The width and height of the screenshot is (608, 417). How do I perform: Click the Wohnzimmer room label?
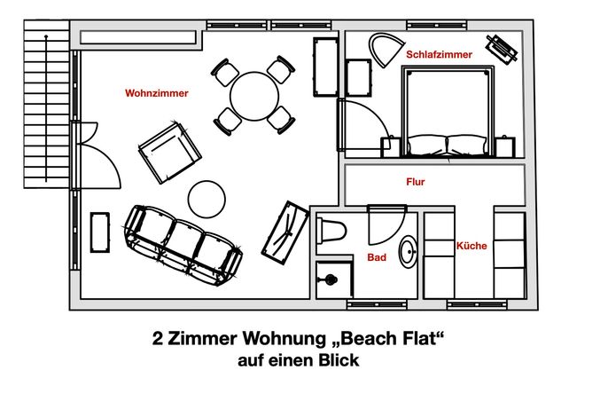(x=157, y=93)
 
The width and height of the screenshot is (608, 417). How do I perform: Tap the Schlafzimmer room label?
(x=439, y=54)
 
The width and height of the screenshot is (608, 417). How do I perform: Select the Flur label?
(x=416, y=182)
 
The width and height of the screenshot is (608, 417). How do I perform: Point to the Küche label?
(x=472, y=246)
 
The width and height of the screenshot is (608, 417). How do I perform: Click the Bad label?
(x=377, y=257)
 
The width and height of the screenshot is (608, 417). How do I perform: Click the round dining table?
(x=254, y=97)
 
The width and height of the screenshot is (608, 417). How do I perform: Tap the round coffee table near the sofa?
(x=207, y=199)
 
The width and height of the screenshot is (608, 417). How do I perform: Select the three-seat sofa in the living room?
(x=183, y=246)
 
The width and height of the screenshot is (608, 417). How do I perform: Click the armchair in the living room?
(x=170, y=153)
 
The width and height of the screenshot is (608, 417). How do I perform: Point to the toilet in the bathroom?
(x=331, y=231)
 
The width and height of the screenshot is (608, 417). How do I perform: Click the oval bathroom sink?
(x=409, y=252)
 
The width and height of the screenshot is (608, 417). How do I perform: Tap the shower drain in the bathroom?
(x=330, y=279)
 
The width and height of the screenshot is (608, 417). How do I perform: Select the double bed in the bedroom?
(x=448, y=112)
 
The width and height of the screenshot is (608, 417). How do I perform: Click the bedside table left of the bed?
(x=391, y=147)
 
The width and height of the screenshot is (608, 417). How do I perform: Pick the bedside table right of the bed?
(x=505, y=146)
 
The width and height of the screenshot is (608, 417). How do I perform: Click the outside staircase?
(x=46, y=104)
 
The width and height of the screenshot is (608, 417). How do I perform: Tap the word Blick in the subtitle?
(x=339, y=360)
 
